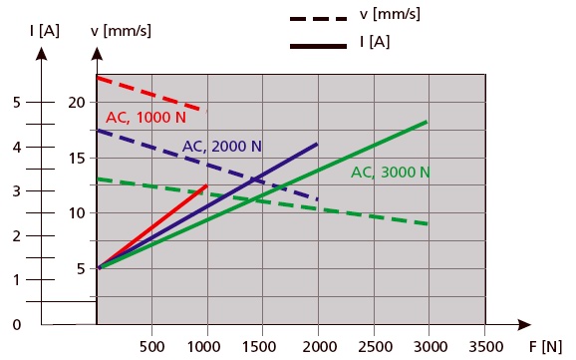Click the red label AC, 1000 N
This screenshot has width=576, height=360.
pyautogui.click(x=145, y=118)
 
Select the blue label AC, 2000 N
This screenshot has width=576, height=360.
pyautogui.click(x=222, y=147)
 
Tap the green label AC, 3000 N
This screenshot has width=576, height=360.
pyautogui.click(x=391, y=173)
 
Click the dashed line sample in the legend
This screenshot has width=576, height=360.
pyautogui.click(x=318, y=18)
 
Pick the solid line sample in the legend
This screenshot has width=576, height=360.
pyautogui.click(x=318, y=46)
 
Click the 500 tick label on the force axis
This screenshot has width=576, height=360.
pyautogui.click(x=152, y=346)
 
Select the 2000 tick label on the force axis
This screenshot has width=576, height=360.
pyautogui.click(x=320, y=346)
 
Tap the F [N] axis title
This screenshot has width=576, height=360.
pyautogui.click(x=545, y=346)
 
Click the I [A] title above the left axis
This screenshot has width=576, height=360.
pyautogui.click(x=45, y=31)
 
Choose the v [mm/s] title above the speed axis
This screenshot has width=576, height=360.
pyautogui.click(x=121, y=31)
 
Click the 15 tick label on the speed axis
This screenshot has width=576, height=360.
pyautogui.click(x=77, y=159)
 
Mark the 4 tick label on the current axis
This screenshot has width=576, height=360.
pyautogui.click(x=17, y=148)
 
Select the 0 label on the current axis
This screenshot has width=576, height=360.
pyautogui.click(x=17, y=325)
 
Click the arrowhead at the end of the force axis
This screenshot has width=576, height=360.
pyautogui.click(x=524, y=325)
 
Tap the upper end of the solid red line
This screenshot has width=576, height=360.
pyautogui.click(x=207, y=185)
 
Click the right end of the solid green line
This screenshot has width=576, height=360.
pyautogui.click(x=427, y=122)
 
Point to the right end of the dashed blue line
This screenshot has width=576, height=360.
pyautogui.click(x=317, y=199)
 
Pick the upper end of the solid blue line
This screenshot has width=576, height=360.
pyautogui.click(x=317, y=145)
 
